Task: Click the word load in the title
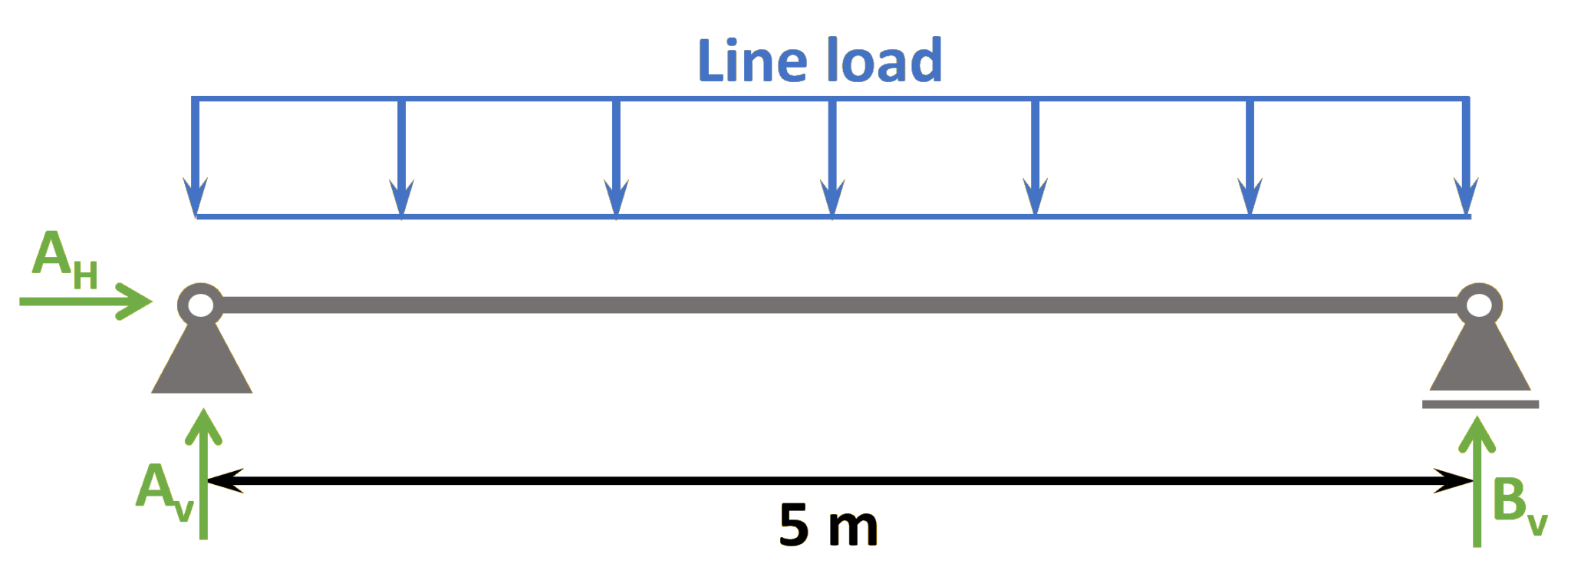click(884, 61)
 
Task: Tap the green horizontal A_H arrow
click(84, 301)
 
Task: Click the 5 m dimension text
click(827, 526)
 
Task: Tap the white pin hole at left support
click(200, 305)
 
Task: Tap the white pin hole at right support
click(1479, 305)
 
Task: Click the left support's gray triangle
click(202, 364)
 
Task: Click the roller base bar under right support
click(1480, 404)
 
